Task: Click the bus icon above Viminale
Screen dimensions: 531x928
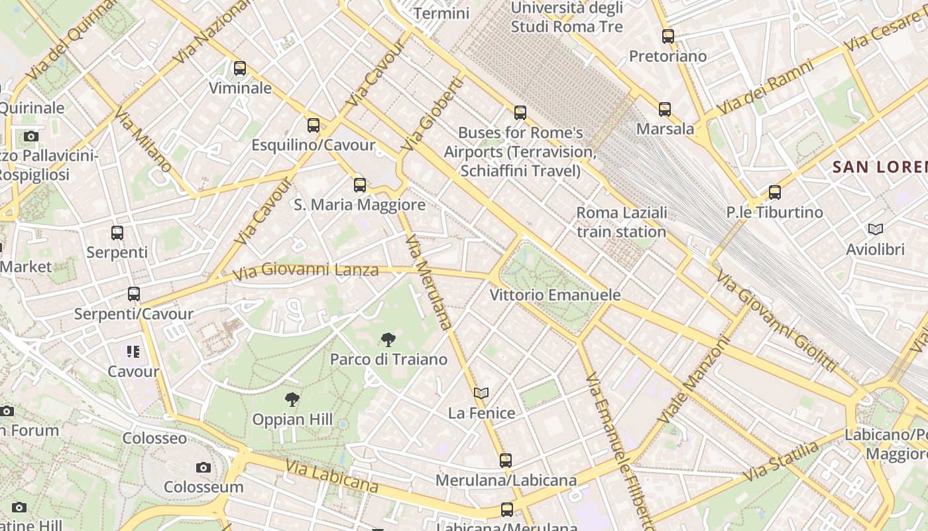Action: (240, 68)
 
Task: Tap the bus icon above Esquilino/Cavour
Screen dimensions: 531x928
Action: (314, 125)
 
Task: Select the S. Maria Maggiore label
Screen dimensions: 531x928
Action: (359, 204)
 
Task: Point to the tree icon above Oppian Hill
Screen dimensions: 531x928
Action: (292, 400)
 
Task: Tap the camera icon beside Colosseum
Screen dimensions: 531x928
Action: (203, 467)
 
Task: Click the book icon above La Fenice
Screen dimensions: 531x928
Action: (481, 393)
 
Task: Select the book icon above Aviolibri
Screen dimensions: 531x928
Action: (876, 230)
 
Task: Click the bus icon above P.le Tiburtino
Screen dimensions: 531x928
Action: (774, 192)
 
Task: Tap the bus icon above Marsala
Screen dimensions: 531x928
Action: (665, 110)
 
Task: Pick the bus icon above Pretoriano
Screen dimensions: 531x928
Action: (668, 37)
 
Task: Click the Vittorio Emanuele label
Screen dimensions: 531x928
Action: (555, 295)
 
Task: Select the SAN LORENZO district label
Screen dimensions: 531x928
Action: (880, 167)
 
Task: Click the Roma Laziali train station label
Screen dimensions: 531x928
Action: (621, 222)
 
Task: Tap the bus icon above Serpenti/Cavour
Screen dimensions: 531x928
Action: (134, 294)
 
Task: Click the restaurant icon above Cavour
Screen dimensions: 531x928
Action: (133, 352)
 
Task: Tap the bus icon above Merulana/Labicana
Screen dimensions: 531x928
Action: (506, 460)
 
